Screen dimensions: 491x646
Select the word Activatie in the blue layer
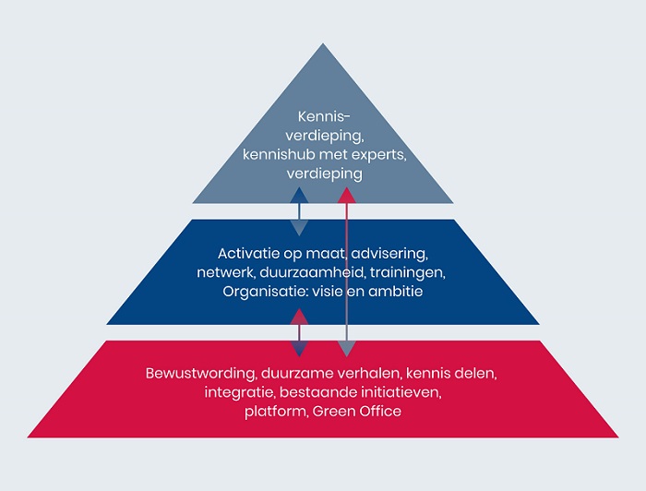[x=249, y=253]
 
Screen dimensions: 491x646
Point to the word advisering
[x=391, y=253]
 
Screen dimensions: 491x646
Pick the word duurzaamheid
[x=307, y=273]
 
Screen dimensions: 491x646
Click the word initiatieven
[x=399, y=393]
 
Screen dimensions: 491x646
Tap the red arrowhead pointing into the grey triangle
[x=346, y=195]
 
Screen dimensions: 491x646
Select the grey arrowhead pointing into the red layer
[x=346, y=349]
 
